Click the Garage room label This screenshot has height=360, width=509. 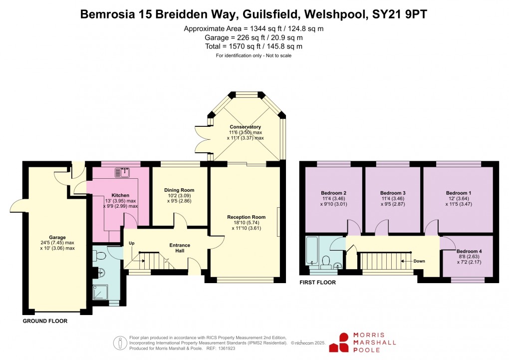(57, 238)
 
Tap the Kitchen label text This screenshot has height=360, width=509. (120, 195)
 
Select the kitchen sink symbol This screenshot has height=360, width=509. (122, 173)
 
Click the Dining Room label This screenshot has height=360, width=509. (179, 190)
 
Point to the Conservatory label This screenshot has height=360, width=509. (246, 127)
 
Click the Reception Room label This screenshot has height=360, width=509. (246, 217)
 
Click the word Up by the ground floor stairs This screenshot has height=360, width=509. (132, 243)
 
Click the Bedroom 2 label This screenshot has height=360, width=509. (334, 193)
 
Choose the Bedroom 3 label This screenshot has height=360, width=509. (393, 193)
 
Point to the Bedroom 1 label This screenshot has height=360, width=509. (458, 193)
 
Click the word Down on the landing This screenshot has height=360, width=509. (419, 261)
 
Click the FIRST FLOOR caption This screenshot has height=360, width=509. (317, 283)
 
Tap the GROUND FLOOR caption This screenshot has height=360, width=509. (45, 321)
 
